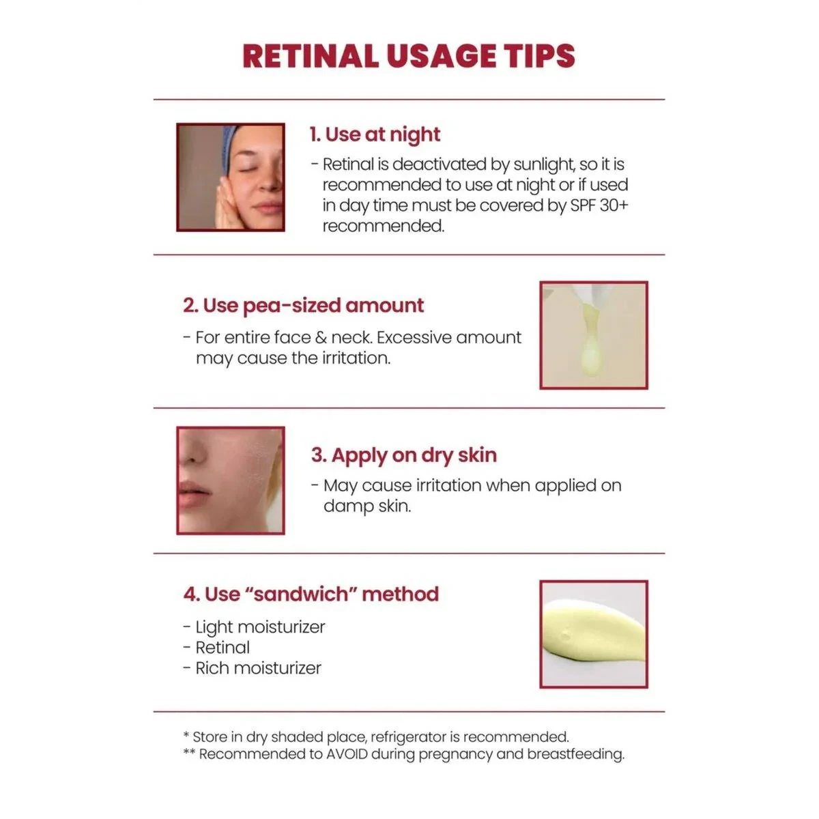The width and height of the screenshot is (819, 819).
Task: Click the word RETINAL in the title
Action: click(x=311, y=56)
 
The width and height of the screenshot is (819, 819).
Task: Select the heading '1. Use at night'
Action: click(x=375, y=134)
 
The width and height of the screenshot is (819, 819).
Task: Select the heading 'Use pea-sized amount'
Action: click(x=313, y=306)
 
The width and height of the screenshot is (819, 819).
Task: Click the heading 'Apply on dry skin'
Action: click(x=414, y=456)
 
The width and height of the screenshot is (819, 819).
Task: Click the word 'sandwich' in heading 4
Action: click(x=302, y=594)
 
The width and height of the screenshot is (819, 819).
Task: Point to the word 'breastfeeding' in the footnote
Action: click(x=575, y=754)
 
